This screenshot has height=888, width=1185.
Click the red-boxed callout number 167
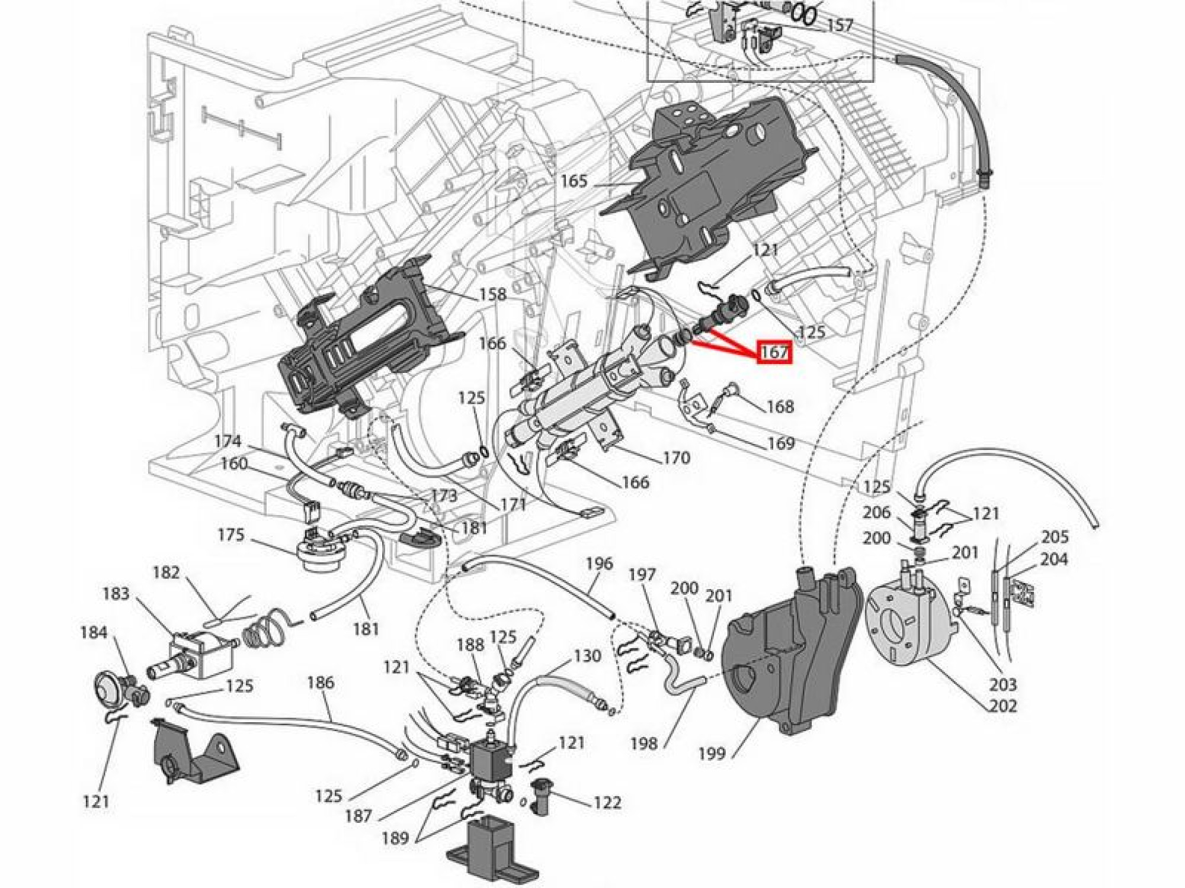click(x=775, y=352)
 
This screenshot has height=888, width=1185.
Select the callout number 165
click(x=574, y=181)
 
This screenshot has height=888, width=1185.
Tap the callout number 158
click(x=493, y=294)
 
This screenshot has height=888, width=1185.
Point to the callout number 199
click(x=712, y=753)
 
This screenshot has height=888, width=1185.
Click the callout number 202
click(x=1003, y=706)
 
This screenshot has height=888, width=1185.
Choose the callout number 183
click(x=116, y=593)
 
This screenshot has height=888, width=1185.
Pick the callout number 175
click(x=230, y=535)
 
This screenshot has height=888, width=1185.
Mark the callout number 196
click(x=599, y=563)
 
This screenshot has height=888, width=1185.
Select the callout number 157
click(x=839, y=25)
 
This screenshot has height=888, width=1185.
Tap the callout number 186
click(x=321, y=682)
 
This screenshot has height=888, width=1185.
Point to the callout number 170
click(x=677, y=457)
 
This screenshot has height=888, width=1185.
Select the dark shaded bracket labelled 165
click(x=705, y=189)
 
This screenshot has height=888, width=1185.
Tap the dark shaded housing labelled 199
click(x=788, y=651)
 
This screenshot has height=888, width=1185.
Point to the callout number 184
click(x=94, y=632)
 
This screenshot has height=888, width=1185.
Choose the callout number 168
click(x=780, y=406)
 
